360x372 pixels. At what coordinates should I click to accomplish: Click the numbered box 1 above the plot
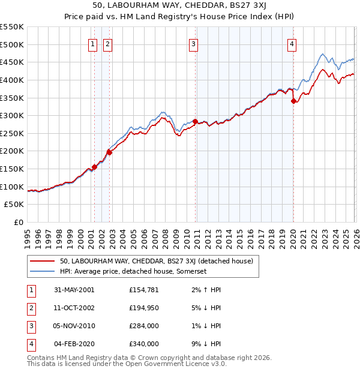tap(94, 43)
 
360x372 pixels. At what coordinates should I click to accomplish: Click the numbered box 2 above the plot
tap(107, 43)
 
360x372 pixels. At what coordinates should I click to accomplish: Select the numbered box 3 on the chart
tap(194, 43)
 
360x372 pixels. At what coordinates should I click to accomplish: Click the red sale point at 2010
tap(195, 121)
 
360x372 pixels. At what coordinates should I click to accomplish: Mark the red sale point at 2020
tap(293, 101)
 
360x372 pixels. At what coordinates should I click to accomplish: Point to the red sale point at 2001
tap(95, 167)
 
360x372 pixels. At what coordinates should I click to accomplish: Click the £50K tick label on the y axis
tap(14, 205)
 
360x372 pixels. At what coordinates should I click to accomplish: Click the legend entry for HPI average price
tap(133, 271)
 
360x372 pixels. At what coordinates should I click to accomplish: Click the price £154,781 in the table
tap(144, 290)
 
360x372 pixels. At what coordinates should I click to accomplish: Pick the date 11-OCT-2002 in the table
tap(74, 308)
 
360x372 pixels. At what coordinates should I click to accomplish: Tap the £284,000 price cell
tap(144, 326)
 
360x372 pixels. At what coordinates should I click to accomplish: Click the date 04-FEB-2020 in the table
tap(74, 344)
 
